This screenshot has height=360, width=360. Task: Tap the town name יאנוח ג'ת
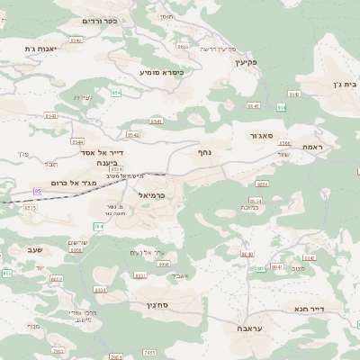[x=40, y=49]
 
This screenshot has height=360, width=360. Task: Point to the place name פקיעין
[x=244, y=62]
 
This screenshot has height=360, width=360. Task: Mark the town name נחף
[x=204, y=153]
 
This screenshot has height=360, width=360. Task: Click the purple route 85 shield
[x=38, y=191]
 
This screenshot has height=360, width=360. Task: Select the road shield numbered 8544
[x=78, y=141]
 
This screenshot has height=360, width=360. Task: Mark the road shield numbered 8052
[x=57, y=279]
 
